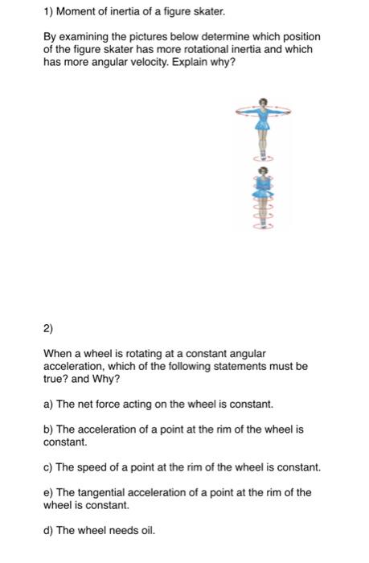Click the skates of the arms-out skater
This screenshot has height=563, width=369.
coord(264,158)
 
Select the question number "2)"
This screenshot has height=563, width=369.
coord(48,328)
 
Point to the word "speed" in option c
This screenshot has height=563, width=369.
coord(91,466)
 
